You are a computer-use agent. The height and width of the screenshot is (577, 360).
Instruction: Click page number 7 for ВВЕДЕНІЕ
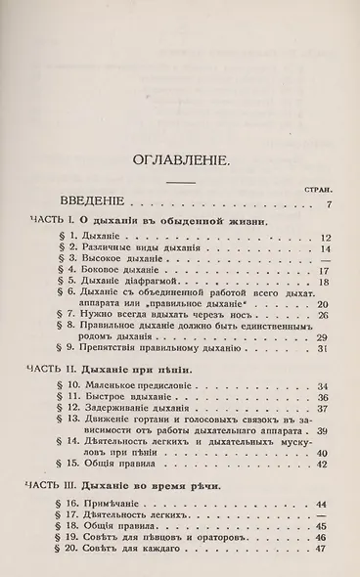pyautogui.click(x=330, y=204)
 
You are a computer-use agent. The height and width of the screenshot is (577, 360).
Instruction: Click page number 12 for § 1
pyautogui.click(x=327, y=237)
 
